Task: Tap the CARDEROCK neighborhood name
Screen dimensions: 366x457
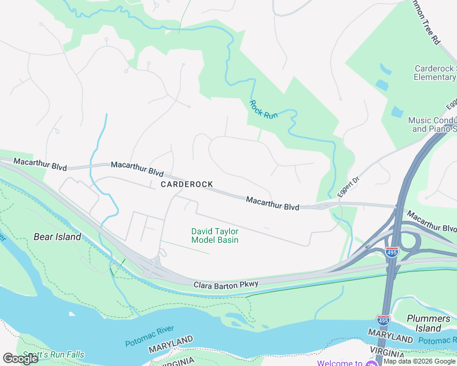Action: (x=186, y=184)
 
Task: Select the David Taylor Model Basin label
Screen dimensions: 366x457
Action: (x=214, y=235)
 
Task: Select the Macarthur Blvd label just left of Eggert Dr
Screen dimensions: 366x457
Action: (x=272, y=204)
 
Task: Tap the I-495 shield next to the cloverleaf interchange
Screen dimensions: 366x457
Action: (x=392, y=252)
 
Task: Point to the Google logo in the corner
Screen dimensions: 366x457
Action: (x=20, y=358)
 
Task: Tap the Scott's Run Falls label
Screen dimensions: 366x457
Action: (x=53, y=355)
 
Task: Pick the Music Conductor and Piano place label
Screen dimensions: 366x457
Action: (x=433, y=125)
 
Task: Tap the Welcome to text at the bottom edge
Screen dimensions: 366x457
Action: (x=340, y=363)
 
